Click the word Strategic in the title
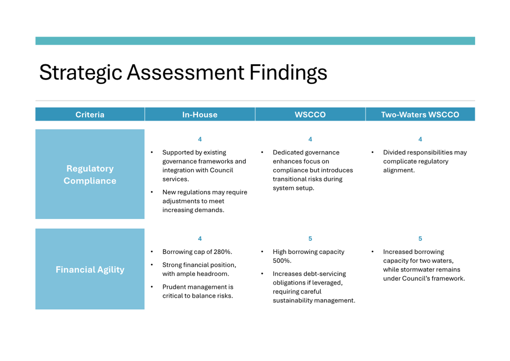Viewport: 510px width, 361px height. click(80, 73)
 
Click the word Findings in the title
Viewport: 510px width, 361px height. click(288, 73)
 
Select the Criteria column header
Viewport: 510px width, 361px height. click(90, 114)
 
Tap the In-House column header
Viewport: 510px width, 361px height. click(200, 114)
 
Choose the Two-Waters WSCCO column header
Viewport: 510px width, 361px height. click(420, 114)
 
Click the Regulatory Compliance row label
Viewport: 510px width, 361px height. click(90, 174)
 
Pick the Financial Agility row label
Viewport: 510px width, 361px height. click(90, 269)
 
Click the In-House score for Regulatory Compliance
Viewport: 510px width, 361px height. click(200, 139)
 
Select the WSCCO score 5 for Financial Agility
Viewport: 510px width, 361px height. click(310, 238)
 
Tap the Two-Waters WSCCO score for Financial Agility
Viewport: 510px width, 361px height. click(420, 238)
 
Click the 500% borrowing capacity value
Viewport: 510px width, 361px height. click(282, 260)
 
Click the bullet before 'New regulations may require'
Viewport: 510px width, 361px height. click(152, 192)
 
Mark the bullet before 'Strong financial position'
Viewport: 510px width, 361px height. click(152, 265)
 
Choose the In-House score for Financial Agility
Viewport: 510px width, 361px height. click(200, 238)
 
